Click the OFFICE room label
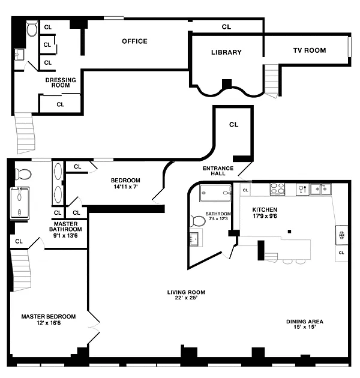[x=134, y=41]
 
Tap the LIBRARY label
[x=226, y=52]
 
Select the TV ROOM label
[x=310, y=50]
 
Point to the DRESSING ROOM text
[x=61, y=82]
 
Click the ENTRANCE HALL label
[x=218, y=171]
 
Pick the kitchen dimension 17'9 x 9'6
[x=265, y=216]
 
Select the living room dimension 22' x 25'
[x=187, y=298]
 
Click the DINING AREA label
[x=305, y=322]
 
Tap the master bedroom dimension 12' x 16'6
[x=49, y=323]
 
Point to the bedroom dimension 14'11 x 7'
[x=125, y=187]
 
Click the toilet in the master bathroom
[x=23, y=174]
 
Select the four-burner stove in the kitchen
[x=277, y=189]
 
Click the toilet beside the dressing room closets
[x=32, y=28]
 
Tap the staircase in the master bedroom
[x=21, y=270]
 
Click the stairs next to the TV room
[x=272, y=81]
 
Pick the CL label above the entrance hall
[x=233, y=125]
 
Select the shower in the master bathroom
[x=20, y=203]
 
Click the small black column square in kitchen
[x=290, y=232]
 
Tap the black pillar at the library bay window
[x=227, y=83]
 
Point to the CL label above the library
[x=226, y=27]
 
